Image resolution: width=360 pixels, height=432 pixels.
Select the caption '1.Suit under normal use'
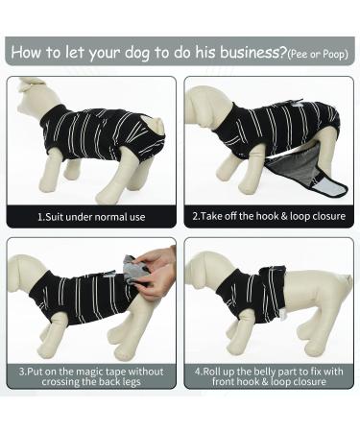[92, 216]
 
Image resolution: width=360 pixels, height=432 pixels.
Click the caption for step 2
[269, 216]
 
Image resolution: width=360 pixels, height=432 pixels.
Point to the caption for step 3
[92, 376]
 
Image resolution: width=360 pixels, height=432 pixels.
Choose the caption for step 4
[269, 376]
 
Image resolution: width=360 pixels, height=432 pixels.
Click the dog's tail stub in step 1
[157, 124]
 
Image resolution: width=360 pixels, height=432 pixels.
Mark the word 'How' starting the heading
[29, 51]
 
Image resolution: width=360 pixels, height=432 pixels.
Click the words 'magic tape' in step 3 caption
[101, 371]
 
